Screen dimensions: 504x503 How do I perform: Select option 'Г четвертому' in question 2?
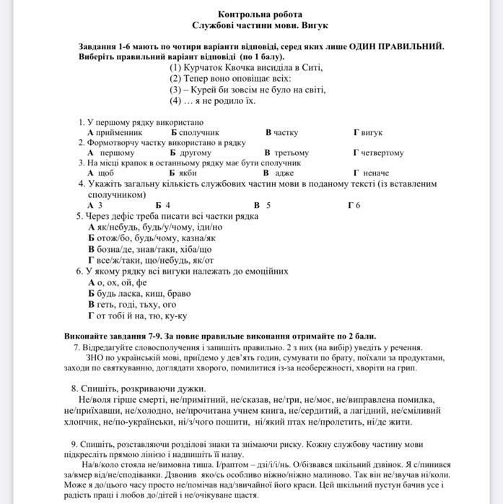pyautogui.click(x=388, y=153)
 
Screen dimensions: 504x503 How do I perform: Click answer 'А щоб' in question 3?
pyautogui.click(x=100, y=173)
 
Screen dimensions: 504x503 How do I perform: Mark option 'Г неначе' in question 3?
pyautogui.click(x=371, y=173)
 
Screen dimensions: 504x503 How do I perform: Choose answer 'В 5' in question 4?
pyautogui.click(x=262, y=205)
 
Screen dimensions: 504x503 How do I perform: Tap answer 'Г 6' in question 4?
pyautogui.click(x=354, y=205)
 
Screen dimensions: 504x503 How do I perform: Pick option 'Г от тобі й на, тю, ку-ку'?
pyautogui.click(x=137, y=315)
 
